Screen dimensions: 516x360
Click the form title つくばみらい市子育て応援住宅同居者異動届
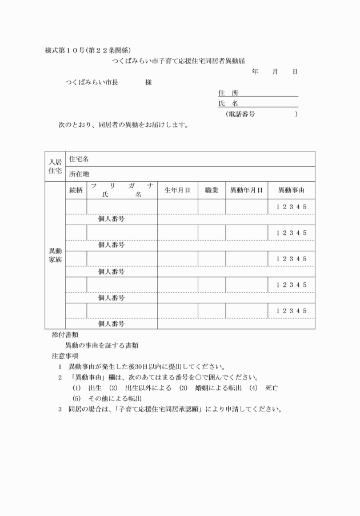pos(178,61)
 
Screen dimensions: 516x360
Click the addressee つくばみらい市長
pos(91,82)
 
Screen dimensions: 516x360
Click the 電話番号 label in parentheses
pos(242,114)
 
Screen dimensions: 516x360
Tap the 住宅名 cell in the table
pos(79,159)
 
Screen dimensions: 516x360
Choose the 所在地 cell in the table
pos(79,174)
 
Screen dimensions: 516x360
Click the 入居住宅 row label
pos(55,166)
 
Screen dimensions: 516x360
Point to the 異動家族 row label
pos(55,255)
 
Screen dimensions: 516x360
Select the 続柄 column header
pos(76,190)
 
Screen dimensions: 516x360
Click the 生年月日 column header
pos(177,190)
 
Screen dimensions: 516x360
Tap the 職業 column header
pos(211,190)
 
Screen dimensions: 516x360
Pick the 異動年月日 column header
pos(246,190)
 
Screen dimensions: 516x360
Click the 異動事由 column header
pos(291,190)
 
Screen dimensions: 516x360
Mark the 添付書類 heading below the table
pos(65,335)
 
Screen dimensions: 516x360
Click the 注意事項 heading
pos(65,356)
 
